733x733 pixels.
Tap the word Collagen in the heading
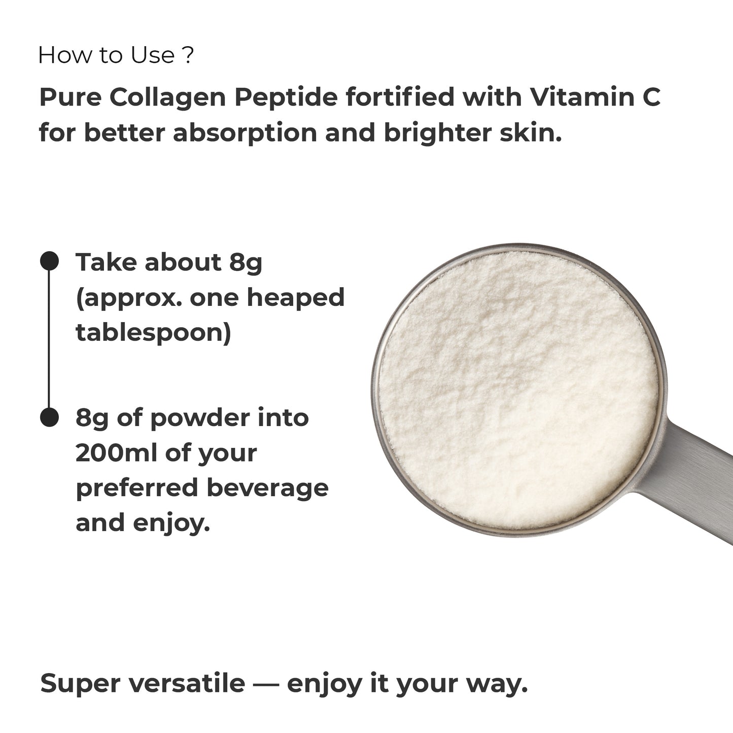click(x=167, y=97)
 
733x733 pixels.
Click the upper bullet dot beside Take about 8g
click(x=49, y=261)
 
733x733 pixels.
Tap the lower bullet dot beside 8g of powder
click(x=49, y=417)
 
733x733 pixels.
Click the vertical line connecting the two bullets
click(x=49, y=340)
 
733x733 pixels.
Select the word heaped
click(x=295, y=298)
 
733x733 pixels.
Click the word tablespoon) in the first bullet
click(x=153, y=333)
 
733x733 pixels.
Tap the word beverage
click(x=267, y=487)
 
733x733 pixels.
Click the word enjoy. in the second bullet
click(x=171, y=523)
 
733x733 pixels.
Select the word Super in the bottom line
click(x=80, y=683)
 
